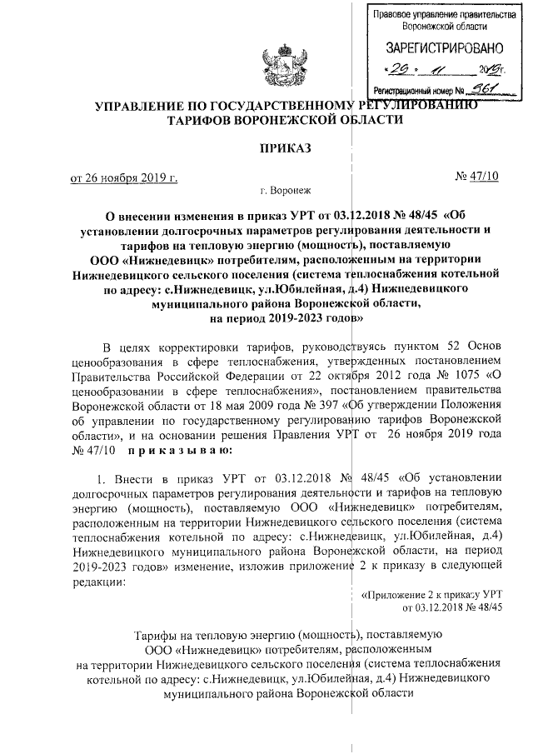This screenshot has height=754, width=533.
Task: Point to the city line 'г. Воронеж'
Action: point(283,191)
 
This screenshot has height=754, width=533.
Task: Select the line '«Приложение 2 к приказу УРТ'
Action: point(432,595)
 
